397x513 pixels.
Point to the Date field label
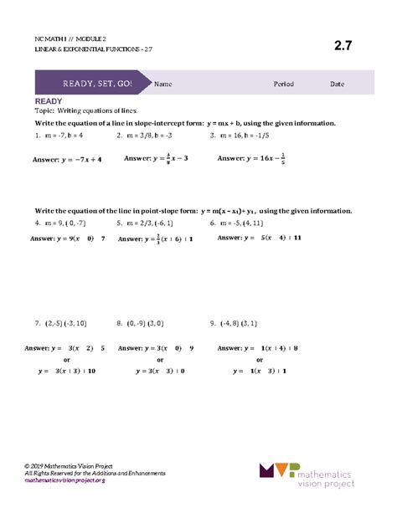click(337, 84)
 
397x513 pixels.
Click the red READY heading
click(49, 100)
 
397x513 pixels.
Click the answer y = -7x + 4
click(67, 158)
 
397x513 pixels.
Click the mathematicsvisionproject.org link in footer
click(64, 481)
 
